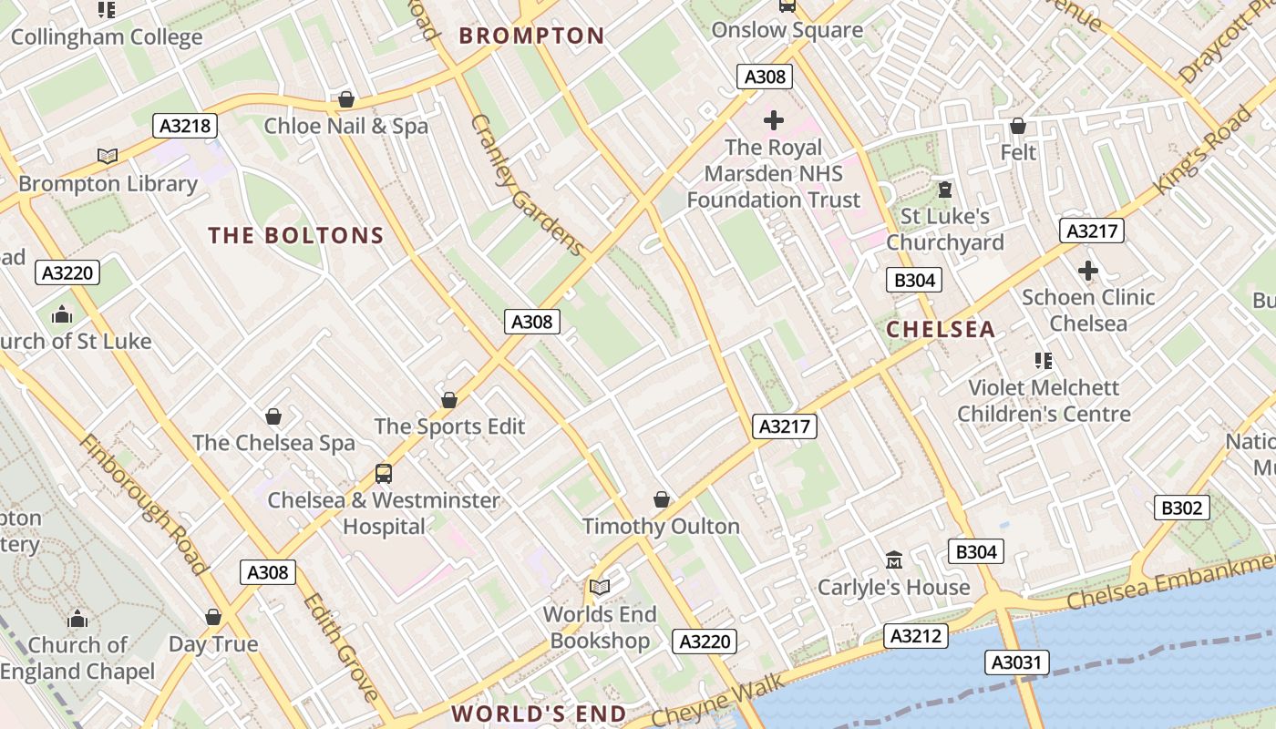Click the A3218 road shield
(x=185, y=126)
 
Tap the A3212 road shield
(x=916, y=636)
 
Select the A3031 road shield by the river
(x=1016, y=662)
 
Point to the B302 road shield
(x=1181, y=508)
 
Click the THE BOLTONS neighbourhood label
(x=296, y=236)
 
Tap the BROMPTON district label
(x=531, y=36)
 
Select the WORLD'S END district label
(x=539, y=714)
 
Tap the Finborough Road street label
(x=143, y=504)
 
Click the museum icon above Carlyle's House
(x=893, y=559)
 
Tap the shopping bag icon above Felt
(x=1018, y=126)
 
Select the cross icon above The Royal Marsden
(x=773, y=119)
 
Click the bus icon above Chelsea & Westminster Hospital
(x=384, y=474)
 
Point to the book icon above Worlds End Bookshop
(x=599, y=587)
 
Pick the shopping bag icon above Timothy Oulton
(x=661, y=499)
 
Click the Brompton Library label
(x=108, y=183)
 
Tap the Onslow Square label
(x=787, y=30)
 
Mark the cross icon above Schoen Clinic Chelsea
(x=1087, y=271)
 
